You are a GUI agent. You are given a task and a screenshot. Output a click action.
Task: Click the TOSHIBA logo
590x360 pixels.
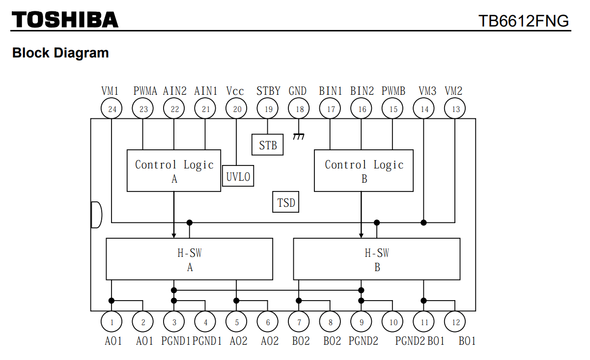(x=65, y=20)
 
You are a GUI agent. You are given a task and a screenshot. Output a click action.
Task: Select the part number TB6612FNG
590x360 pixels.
(x=524, y=21)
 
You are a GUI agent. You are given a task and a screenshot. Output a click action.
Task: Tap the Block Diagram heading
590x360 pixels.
(x=60, y=53)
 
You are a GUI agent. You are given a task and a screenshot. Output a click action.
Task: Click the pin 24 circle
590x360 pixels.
(x=112, y=109)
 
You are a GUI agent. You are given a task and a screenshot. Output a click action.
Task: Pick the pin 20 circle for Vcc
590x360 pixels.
(x=237, y=109)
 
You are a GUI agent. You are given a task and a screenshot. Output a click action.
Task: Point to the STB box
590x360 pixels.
(x=268, y=145)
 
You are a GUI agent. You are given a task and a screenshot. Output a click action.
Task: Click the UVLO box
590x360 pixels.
(x=238, y=176)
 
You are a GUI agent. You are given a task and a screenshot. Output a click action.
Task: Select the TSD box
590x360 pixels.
(x=286, y=202)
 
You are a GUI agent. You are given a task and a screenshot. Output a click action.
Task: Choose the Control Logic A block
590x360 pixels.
(x=174, y=171)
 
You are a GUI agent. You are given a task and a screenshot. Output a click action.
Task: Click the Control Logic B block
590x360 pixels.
(x=364, y=171)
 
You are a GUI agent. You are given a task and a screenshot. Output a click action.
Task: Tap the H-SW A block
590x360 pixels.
(x=190, y=259)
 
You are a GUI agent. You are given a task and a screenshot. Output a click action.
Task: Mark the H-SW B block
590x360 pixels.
(x=377, y=259)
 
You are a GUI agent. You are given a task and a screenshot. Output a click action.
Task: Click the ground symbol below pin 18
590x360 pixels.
(x=298, y=137)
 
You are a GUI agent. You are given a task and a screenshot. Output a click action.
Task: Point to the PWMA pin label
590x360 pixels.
(x=145, y=91)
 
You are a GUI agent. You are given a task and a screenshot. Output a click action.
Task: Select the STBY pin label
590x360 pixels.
(x=268, y=91)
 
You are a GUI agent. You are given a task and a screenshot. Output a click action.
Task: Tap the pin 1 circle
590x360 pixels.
(x=112, y=322)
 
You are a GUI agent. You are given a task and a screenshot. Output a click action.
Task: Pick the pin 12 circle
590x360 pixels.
(x=455, y=322)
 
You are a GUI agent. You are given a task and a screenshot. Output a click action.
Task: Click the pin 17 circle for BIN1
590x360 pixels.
(x=331, y=109)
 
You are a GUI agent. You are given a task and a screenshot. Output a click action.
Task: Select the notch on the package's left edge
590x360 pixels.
(x=96, y=215)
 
